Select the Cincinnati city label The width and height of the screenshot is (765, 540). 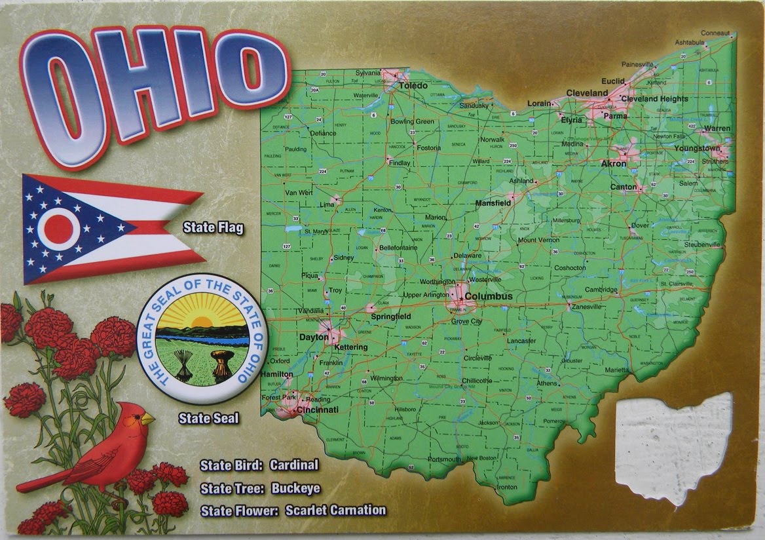[x=317, y=410]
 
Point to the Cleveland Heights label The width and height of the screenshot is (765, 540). [x=654, y=99]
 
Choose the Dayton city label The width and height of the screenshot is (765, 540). [x=313, y=337]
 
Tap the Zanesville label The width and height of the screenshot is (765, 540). [x=586, y=307]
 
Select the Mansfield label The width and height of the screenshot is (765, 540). [x=493, y=203]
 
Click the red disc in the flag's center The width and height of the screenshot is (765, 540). [x=58, y=229]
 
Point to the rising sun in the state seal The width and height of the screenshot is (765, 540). [x=202, y=322]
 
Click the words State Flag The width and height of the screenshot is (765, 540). [x=213, y=228]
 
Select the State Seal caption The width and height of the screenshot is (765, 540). [x=209, y=417]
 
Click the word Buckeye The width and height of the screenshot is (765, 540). [x=295, y=488]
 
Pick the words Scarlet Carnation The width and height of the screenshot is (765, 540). [x=335, y=510]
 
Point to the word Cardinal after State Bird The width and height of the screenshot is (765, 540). [x=293, y=465]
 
